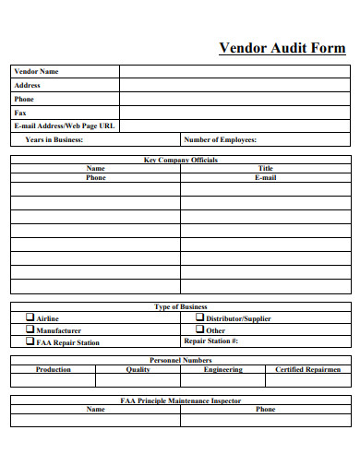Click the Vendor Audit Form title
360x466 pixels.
[282, 48]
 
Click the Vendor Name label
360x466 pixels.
[36, 71]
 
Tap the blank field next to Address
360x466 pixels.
[234, 85]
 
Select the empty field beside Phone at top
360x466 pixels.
[234, 99]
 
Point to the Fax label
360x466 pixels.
[20, 113]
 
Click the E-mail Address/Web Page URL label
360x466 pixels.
[64, 125]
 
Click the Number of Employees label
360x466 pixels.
[221, 139]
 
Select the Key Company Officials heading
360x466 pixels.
[180, 160]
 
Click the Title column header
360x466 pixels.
[265, 168]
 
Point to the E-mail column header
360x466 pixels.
[265, 177]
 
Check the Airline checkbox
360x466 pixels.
[30, 317]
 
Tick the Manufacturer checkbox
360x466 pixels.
[30, 329]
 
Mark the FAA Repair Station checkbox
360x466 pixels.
[30, 341]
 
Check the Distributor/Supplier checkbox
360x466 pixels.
[198, 317]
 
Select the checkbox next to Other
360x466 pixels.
[198, 329]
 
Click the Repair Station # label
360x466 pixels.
[211, 341]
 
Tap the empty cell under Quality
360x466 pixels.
[138, 379]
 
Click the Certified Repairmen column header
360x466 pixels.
[307, 369]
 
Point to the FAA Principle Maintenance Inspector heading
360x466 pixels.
[180, 400]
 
